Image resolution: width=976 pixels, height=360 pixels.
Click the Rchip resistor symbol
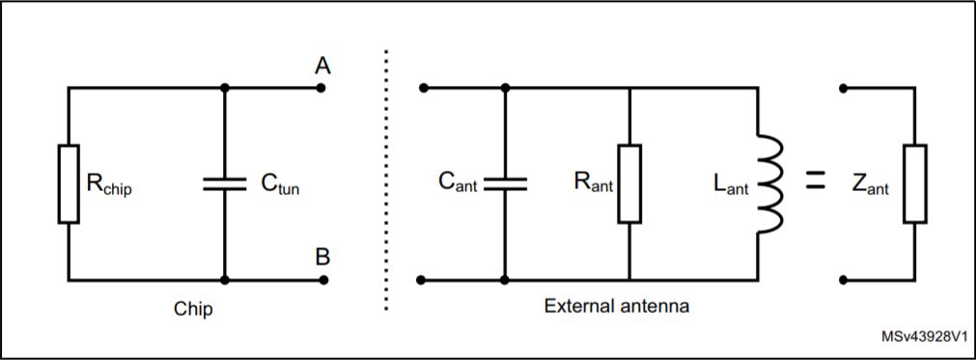click(69, 184)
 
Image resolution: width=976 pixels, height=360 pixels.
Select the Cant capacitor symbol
click(504, 184)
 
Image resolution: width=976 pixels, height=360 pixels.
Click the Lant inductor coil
click(772, 184)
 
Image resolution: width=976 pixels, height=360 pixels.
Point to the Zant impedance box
click(914, 184)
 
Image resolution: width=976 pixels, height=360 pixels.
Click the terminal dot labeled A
click(321, 88)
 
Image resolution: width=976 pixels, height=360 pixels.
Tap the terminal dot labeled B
click(321, 281)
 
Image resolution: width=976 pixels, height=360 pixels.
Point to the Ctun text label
click(280, 186)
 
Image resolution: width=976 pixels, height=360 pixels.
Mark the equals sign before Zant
click(816, 179)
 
